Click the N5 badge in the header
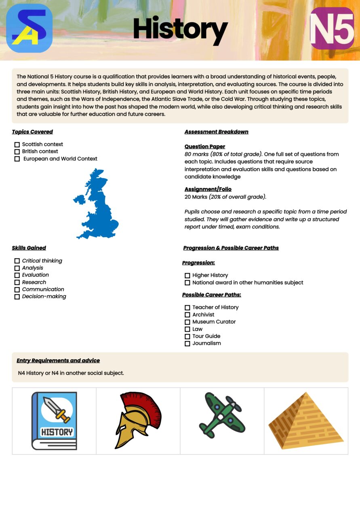point(332,28)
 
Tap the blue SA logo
point(29,28)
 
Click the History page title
point(180,29)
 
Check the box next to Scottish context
point(17,145)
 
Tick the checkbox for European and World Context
point(17,159)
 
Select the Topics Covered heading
point(32,132)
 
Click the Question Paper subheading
point(205,147)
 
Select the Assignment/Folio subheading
point(208,189)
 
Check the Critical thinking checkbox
point(17,261)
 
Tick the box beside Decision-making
point(17,297)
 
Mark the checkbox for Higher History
point(187,276)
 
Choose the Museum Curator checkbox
point(187,322)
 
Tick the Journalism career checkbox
point(187,344)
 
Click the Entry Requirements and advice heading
point(58,361)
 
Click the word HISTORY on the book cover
point(57,432)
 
